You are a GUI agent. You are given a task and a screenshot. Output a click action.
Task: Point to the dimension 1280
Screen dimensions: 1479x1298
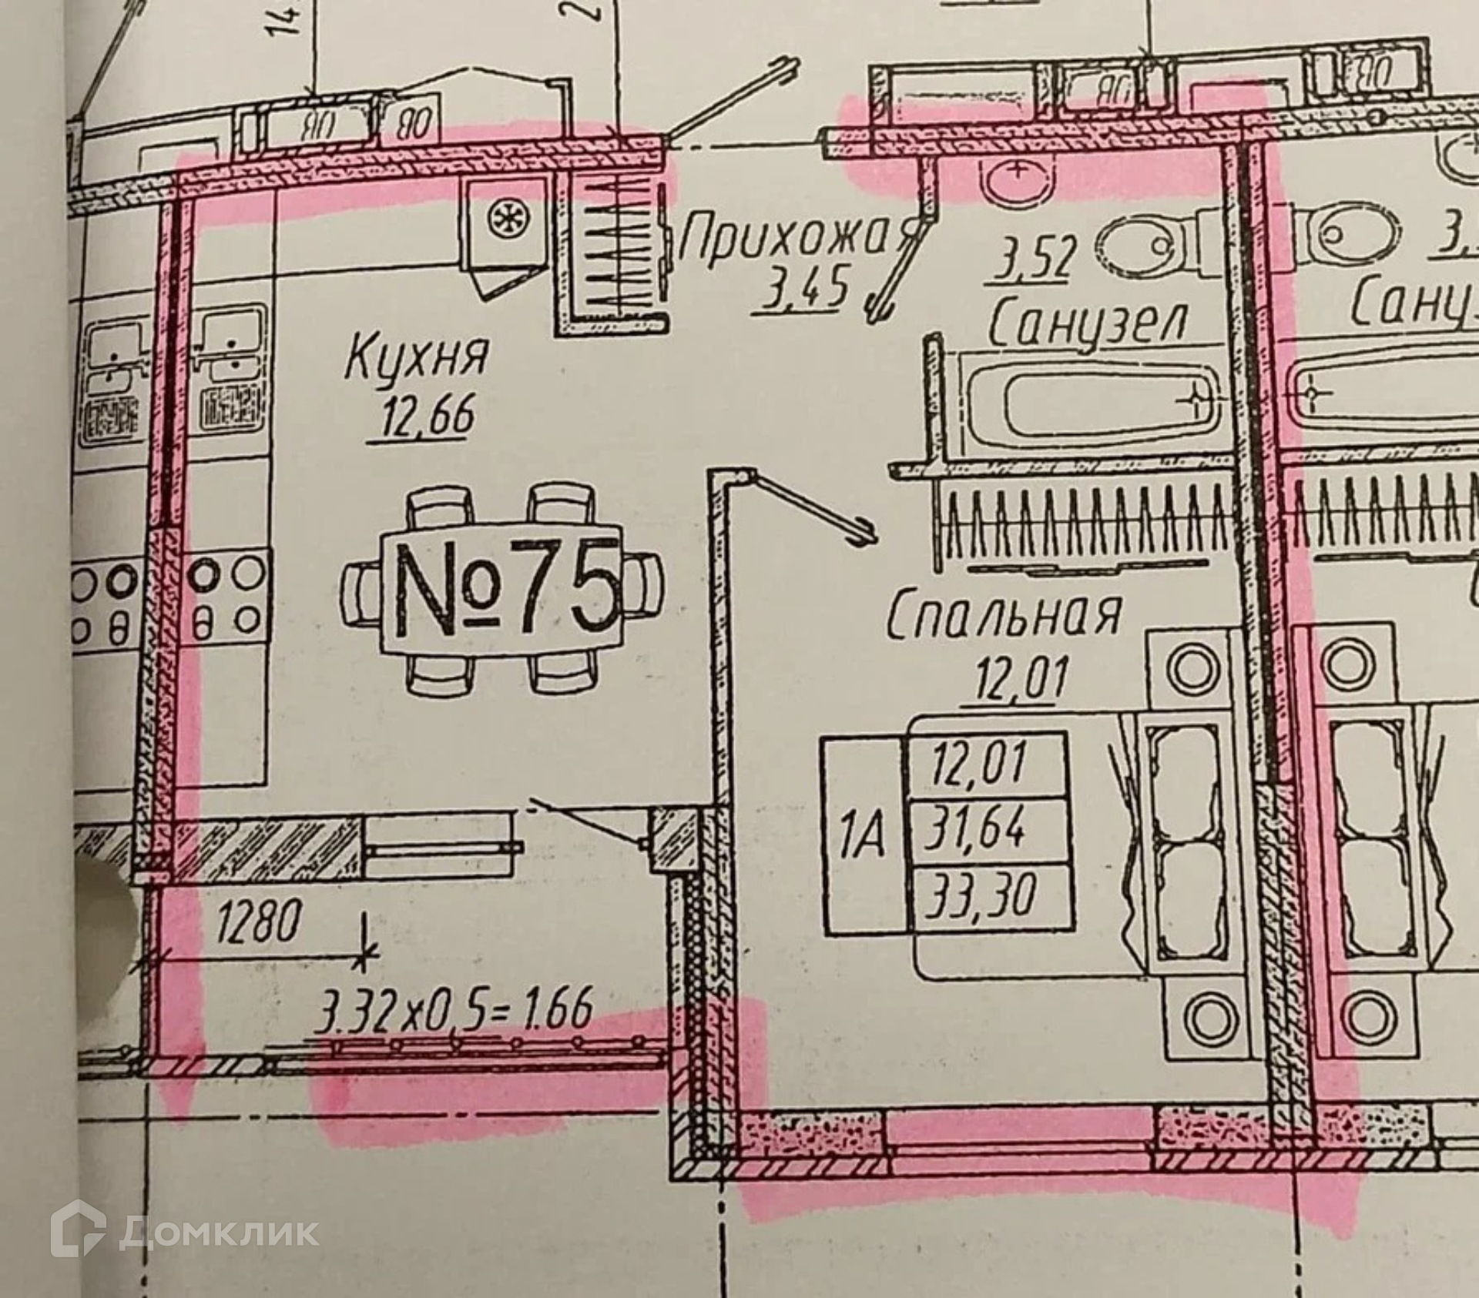257,921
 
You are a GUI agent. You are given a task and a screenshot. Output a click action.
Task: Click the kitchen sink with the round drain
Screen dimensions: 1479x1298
505,220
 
